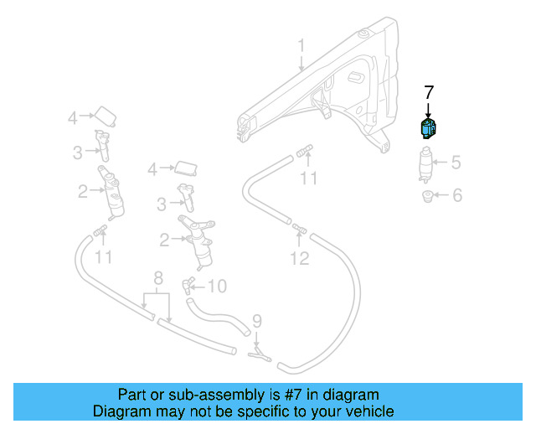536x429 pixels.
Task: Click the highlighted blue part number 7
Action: pyautogui.click(x=428, y=129)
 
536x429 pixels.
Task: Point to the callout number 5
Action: pyautogui.click(x=456, y=163)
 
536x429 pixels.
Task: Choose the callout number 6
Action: pyautogui.click(x=456, y=196)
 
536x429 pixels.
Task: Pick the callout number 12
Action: pyautogui.click(x=300, y=259)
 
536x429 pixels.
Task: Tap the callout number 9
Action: pyautogui.click(x=257, y=320)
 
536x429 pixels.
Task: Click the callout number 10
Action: pyautogui.click(x=217, y=287)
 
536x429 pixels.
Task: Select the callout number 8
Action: pyautogui.click(x=157, y=278)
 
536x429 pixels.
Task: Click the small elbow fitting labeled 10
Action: pyautogui.click(x=190, y=282)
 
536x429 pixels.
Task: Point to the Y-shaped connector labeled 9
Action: pyautogui.click(x=260, y=355)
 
